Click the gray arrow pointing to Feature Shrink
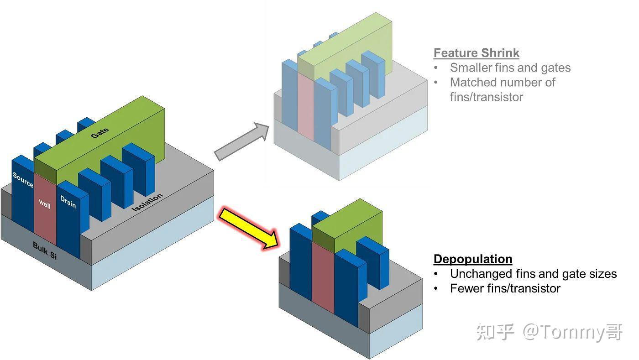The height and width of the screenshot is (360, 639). coord(241,141)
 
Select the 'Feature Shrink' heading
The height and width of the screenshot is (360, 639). coord(476,53)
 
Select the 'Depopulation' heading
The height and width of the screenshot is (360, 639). coord(472,259)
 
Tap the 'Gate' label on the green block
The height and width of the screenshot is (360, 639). coord(100,133)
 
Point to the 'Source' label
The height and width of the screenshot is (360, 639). coord(23,180)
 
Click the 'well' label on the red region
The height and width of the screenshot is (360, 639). coord(45,203)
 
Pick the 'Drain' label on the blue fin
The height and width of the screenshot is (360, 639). coord(68,201)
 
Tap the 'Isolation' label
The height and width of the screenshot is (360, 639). coord(147,203)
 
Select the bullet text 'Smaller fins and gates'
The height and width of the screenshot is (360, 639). coord(510,68)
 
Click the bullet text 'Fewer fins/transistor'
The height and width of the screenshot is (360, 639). coord(505,288)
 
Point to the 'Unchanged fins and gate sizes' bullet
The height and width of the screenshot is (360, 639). coord(533,274)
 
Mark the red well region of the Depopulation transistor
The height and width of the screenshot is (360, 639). coord(323,278)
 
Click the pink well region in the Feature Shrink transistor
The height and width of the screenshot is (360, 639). coord(305,107)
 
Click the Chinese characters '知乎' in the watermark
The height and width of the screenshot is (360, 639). coord(495,332)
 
